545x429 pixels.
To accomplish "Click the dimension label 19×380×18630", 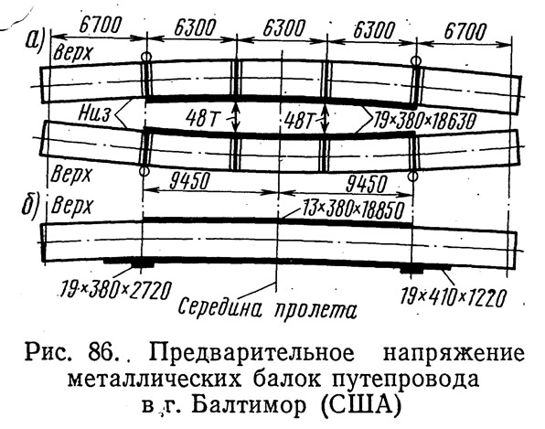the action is (x=423, y=122).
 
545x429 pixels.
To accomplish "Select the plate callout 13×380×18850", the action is (x=354, y=209).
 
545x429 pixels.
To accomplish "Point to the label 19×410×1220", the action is (x=453, y=297).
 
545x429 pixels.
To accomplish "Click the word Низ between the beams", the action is (x=94, y=113).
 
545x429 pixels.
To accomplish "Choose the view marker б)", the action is (x=29, y=209).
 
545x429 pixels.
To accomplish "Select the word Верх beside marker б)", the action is (x=72, y=207).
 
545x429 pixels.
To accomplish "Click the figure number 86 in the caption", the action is (x=102, y=353).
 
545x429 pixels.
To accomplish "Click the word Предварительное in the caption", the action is (x=252, y=353).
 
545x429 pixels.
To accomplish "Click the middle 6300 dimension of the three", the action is (x=283, y=27).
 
